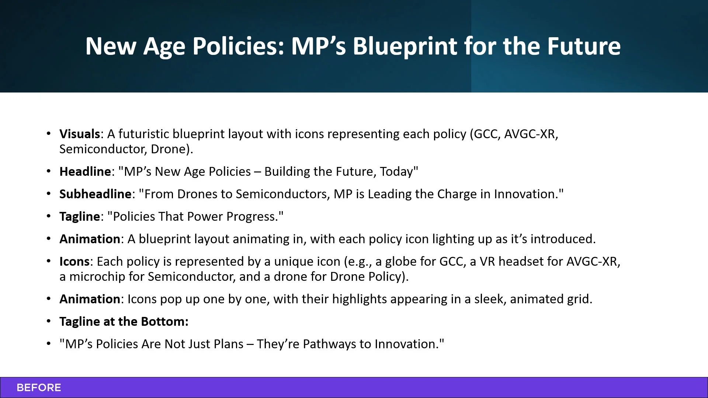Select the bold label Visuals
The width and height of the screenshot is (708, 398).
coord(80,134)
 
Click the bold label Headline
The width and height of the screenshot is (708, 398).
coord(85,171)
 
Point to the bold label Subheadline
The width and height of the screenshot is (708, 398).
coord(96,194)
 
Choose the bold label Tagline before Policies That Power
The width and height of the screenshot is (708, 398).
coord(80,216)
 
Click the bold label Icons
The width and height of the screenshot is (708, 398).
coord(74,261)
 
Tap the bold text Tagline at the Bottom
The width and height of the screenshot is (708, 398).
coord(124,321)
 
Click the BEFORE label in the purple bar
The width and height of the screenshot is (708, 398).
coord(39,388)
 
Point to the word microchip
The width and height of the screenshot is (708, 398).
coord(97,276)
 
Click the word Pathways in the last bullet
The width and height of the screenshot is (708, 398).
coord(329,344)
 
